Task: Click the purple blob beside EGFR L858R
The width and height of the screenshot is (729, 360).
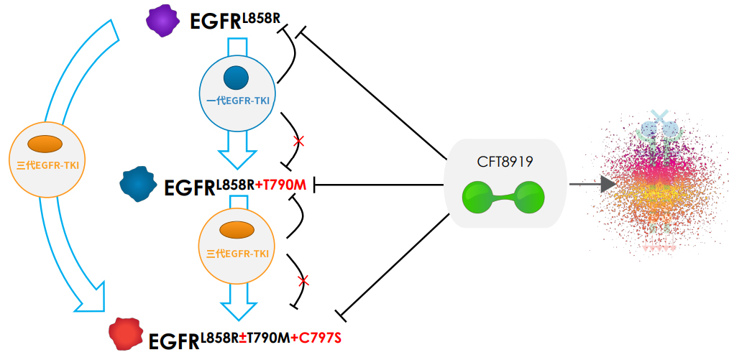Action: [x=162, y=20]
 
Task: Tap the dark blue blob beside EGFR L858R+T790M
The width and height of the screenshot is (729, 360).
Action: [x=138, y=184]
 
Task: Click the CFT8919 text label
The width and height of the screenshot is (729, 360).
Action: [x=505, y=162]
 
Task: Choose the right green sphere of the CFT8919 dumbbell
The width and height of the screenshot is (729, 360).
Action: [x=530, y=197]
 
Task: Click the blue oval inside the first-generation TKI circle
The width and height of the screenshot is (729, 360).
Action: [x=236, y=77]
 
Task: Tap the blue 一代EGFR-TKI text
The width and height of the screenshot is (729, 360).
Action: [x=237, y=101]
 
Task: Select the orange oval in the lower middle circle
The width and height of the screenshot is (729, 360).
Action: [x=237, y=231]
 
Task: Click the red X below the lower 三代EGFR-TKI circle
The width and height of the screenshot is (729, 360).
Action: [x=303, y=280]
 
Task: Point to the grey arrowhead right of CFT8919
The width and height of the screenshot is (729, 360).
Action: [x=607, y=185]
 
